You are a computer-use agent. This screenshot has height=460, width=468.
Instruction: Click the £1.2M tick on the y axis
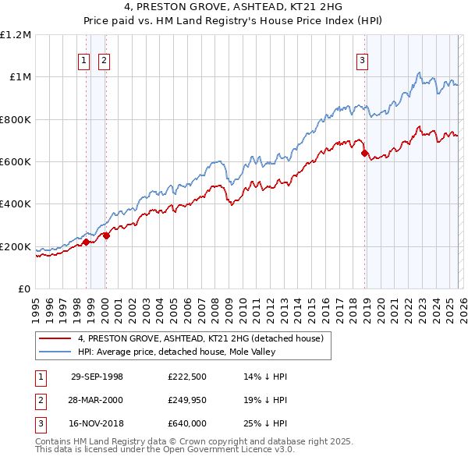(x=16, y=35)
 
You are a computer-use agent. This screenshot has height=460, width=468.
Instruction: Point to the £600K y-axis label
(x=16, y=162)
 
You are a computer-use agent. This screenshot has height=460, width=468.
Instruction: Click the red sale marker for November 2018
(x=364, y=154)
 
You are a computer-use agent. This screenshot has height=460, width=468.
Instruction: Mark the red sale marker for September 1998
(x=87, y=242)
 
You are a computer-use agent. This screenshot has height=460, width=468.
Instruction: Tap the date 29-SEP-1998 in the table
(x=97, y=377)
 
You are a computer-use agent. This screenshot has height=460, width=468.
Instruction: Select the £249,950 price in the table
(x=187, y=400)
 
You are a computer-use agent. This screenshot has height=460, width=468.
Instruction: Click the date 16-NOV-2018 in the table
(x=97, y=423)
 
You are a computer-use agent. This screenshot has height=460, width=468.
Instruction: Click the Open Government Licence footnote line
(x=165, y=450)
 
